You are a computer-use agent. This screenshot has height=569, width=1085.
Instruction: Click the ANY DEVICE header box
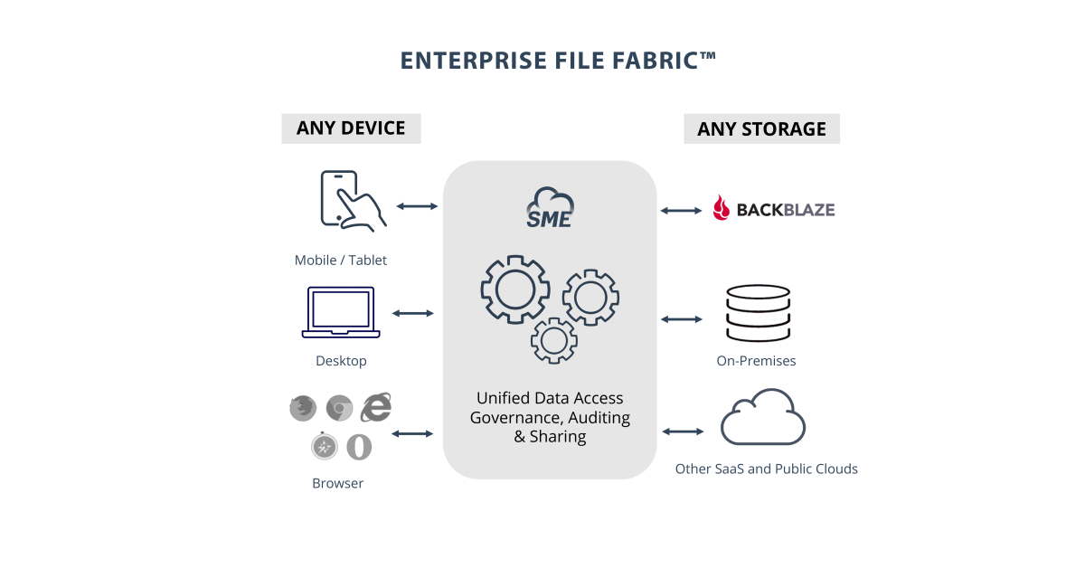(351, 128)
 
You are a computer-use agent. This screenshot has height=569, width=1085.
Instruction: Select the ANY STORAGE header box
(761, 128)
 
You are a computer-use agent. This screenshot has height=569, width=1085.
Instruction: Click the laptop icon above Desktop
(340, 312)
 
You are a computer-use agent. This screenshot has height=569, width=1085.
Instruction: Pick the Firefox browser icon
(303, 409)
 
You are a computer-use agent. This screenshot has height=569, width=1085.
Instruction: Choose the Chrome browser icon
(339, 409)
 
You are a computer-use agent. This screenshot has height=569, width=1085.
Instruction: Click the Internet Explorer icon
(376, 408)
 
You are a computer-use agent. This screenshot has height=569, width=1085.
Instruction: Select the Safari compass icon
(324, 446)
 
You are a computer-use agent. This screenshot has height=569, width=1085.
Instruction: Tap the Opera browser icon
(359, 446)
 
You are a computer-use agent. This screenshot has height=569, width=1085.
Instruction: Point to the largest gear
(515, 289)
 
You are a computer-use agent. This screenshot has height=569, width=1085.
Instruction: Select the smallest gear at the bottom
(553, 340)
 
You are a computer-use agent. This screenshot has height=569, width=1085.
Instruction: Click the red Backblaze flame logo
(722, 209)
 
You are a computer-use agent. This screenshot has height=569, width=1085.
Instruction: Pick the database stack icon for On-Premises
(758, 313)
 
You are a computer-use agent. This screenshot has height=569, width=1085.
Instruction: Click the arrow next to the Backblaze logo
(681, 211)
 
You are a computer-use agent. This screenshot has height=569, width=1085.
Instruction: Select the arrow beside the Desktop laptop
(413, 313)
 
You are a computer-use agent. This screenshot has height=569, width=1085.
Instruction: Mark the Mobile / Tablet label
(340, 261)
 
